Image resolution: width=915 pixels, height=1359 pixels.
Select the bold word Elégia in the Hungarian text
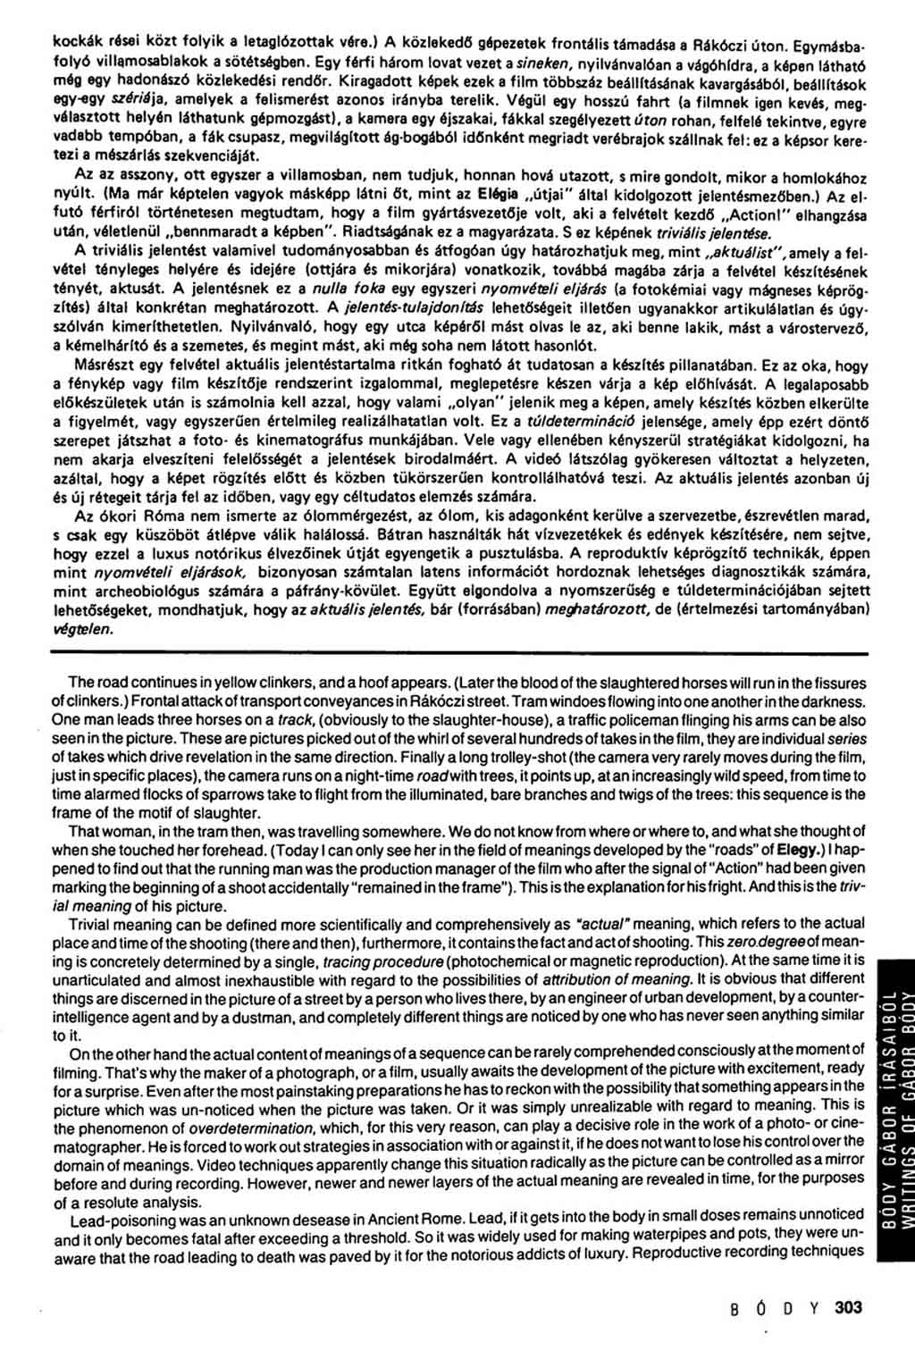[496, 190]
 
